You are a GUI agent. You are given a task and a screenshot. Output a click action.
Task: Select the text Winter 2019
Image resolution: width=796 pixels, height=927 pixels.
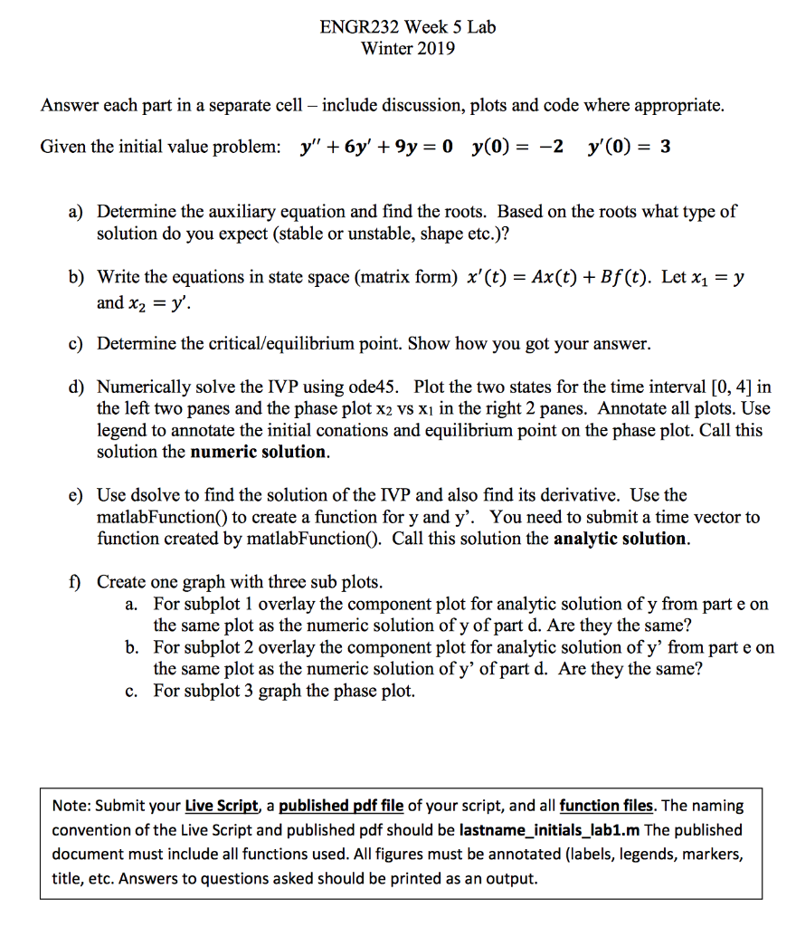pyautogui.click(x=408, y=48)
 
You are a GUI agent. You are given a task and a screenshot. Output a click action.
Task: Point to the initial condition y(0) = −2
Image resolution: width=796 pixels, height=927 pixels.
pyautogui.click(x=517, y=148)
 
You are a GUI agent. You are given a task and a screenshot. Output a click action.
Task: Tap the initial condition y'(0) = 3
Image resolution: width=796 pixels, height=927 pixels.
pyautogui.click(x=629, y=148)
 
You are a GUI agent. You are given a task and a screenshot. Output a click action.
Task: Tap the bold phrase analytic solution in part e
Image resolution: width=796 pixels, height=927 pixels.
pyautogui.click(x=620, y=539)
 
